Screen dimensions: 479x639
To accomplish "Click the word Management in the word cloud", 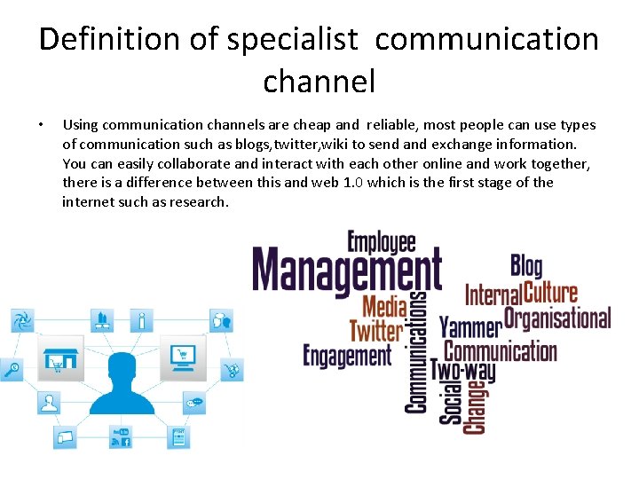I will [x=347, y=271].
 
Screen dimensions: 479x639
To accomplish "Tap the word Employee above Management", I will [x=382, y=242].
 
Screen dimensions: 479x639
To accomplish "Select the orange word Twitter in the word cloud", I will [x=376, y=331].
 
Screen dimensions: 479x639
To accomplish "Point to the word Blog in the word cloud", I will [x=526, y=264].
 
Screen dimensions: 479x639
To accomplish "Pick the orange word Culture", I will [x=551, y=291].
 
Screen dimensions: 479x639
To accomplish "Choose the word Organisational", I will [x=557, y=318].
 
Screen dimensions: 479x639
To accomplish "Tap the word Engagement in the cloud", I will [x=347, y=356].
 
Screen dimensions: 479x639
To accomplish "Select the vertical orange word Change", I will [x=477, y=406].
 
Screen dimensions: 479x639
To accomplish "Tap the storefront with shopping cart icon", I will [x=60, y=357].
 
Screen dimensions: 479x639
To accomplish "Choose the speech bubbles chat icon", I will [x=195, y=404].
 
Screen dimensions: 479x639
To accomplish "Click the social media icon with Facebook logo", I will [x=121, y=436].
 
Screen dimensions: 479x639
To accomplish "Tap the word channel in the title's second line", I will [x=319, y=82].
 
